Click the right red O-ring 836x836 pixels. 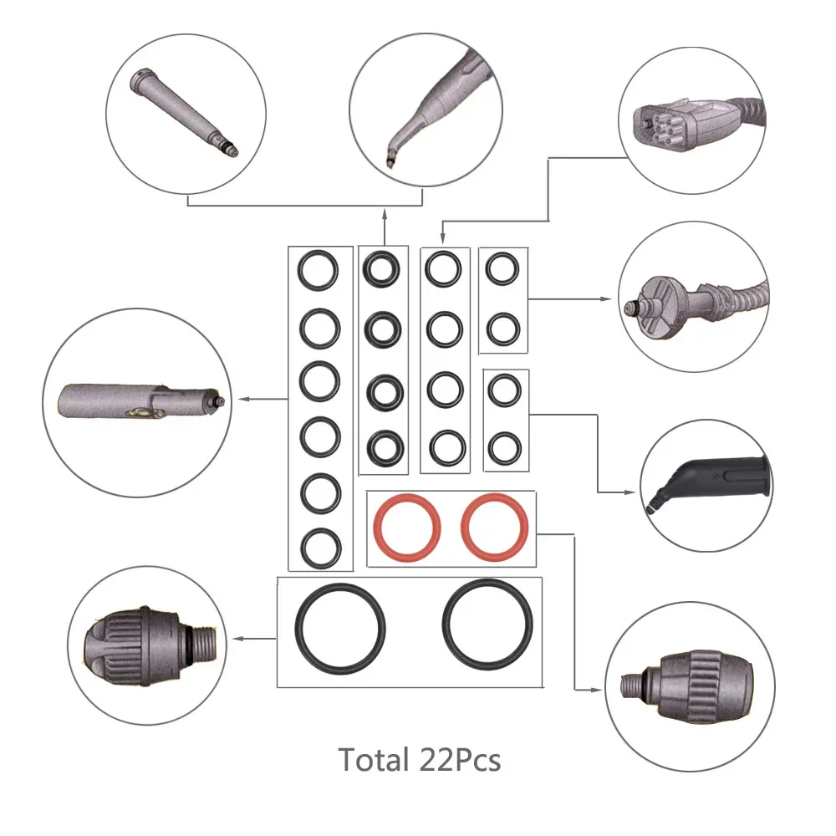(495, 528)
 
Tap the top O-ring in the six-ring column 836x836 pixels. (319, 271)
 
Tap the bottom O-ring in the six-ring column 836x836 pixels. (319, 547)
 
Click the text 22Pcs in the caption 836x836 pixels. (456, 760)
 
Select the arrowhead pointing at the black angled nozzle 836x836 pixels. (633, 494)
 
